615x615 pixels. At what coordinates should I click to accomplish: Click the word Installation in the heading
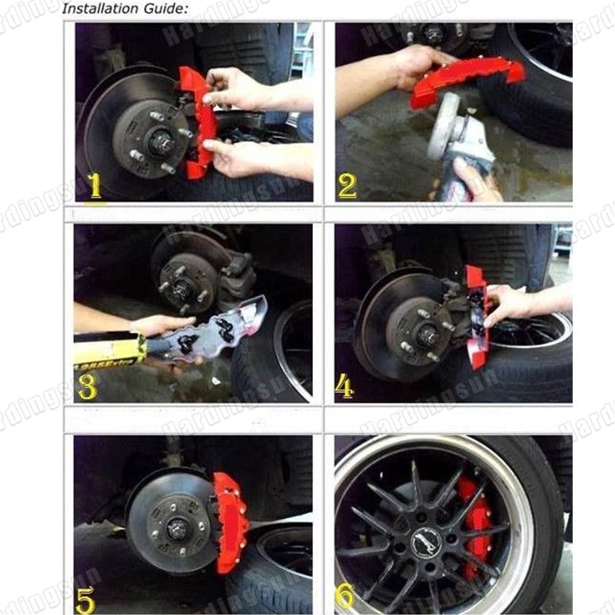[x=95, y=9]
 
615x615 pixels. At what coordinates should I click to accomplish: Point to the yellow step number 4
[x=344, y=387]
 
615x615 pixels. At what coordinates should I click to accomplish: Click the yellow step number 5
[x=86, y=599]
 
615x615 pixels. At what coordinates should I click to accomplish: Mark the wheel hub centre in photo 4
[x=424, y=334]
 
